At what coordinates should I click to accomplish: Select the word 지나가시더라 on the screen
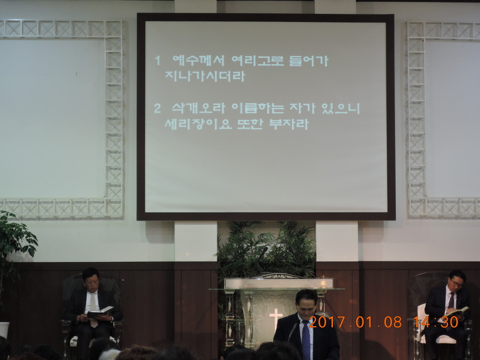205,75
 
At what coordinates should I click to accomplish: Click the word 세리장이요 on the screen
198,123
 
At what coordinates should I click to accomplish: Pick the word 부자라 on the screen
288,123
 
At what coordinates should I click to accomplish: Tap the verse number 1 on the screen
158,60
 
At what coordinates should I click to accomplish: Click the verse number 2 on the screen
157,108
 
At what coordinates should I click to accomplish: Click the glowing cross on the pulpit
276,318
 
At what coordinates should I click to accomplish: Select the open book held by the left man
101,312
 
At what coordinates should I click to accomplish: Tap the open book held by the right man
458,311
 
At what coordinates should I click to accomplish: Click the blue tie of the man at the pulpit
306,340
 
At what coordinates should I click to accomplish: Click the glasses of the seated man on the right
456,283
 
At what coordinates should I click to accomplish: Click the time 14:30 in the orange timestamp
436,322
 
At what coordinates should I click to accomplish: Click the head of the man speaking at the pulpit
307,302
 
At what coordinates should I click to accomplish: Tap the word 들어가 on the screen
308,60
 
